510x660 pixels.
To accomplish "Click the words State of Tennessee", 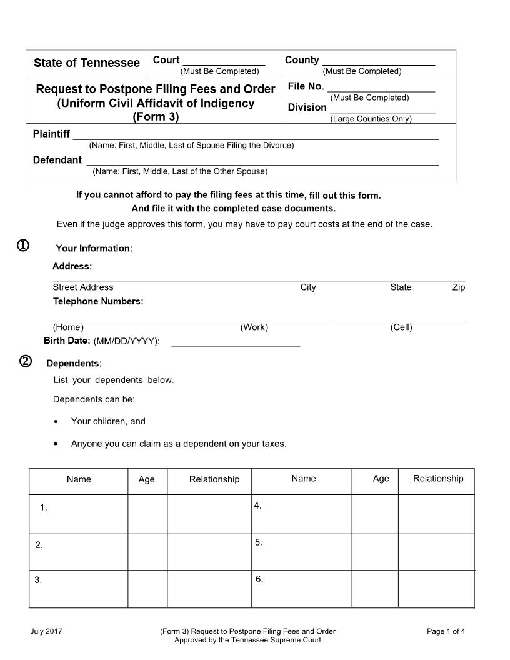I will (x=87, y=62).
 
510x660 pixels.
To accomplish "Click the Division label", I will (x=307, y=107).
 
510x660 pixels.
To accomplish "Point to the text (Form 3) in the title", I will (x=156, y=117).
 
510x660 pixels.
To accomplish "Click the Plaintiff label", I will (x=51, y=134).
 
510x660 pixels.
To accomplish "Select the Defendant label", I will (x=57, y=160).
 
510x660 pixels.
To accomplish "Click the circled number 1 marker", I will (x=22, y=246).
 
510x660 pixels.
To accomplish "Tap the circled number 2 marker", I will (x=26, y=361).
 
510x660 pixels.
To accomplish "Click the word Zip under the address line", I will (x=458, y=287).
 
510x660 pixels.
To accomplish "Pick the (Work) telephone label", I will (x=254, y=327).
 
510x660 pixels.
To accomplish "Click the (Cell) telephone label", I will (x=401, y=327).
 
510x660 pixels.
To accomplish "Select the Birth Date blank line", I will (x=236, y=344).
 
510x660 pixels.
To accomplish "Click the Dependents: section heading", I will (x=74, y=363).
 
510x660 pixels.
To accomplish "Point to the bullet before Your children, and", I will (x=57, y=422).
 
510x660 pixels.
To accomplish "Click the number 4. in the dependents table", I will (x=257, y=506).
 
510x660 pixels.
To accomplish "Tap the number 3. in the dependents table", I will (x=38, y=580).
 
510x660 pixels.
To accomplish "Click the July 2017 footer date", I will (x=46, y=631).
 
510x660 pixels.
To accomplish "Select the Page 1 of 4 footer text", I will (x=446, y=631).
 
